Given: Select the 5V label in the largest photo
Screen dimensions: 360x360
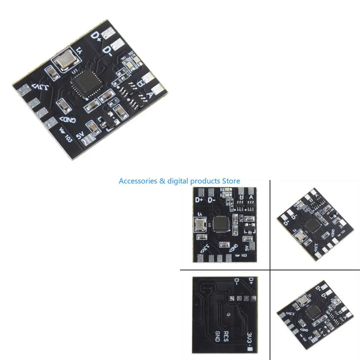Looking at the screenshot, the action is (79, 135).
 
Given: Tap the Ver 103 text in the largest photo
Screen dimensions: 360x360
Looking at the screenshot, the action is (66, 135).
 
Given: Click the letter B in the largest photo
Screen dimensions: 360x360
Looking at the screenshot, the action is (140, 84).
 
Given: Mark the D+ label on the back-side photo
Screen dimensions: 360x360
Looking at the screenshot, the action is (251, 281).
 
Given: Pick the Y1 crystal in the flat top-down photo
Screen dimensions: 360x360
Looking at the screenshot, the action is (199, 225).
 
